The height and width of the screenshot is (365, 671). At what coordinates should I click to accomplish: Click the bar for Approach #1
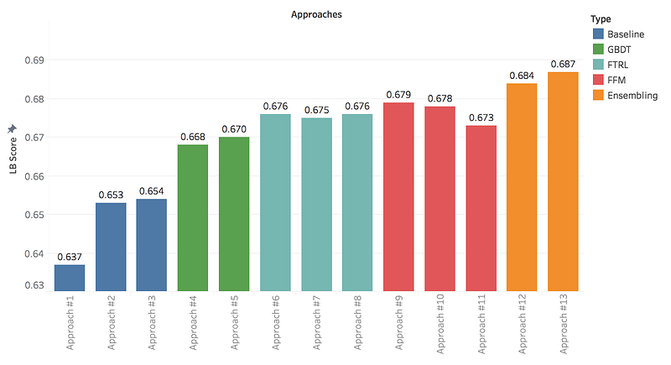point(70,278)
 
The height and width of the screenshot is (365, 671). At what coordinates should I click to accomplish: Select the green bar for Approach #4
point(193,218)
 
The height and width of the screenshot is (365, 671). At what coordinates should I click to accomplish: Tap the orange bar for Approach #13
point(563,181)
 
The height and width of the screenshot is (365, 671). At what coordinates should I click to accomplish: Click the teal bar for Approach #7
point(316,205)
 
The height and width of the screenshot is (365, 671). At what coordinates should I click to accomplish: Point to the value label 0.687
point(563,64)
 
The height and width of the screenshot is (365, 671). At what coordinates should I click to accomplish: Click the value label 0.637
point(70,257)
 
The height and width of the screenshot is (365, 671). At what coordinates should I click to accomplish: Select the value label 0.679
point(398,95)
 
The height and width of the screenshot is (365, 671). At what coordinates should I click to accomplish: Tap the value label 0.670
point(234,129)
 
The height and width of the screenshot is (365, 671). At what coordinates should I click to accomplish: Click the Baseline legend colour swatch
point(598,34)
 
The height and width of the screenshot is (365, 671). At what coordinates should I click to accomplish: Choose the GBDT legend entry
point(620,49)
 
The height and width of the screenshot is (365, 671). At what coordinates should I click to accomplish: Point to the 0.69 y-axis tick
point(33,60)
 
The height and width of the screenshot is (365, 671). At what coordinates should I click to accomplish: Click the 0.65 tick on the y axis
point(33,215)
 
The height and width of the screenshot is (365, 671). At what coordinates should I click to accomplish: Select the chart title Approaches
point(316,15)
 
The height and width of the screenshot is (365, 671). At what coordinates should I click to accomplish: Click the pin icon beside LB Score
point(12,128)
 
